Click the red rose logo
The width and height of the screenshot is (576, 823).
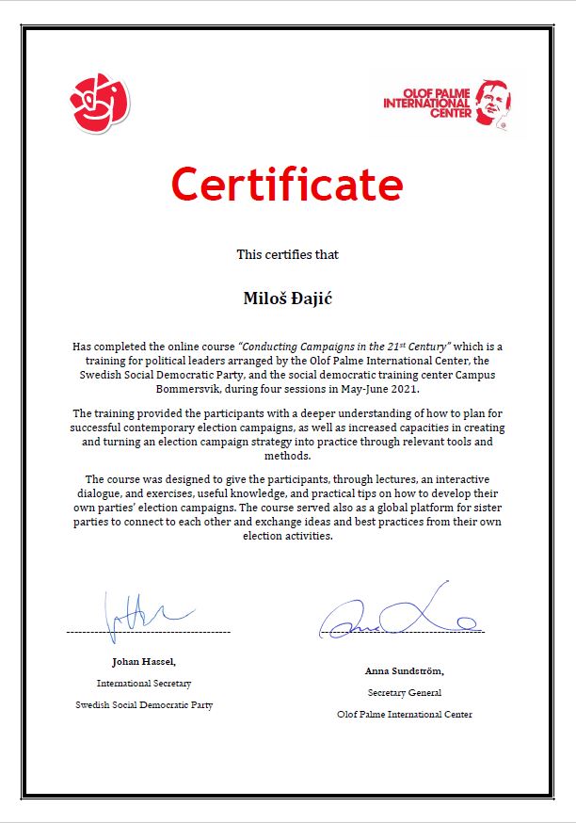99,102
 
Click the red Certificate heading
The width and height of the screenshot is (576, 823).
287,185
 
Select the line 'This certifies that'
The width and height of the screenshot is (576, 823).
287,254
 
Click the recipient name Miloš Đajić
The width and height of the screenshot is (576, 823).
287,299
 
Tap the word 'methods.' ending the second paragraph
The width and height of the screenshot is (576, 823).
287,456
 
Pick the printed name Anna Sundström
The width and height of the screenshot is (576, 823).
405,671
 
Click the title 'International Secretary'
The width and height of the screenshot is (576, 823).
144,683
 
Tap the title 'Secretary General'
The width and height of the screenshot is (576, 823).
405,692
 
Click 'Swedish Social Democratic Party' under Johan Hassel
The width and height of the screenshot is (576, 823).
144,704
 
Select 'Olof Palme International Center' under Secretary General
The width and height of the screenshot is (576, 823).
405,714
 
